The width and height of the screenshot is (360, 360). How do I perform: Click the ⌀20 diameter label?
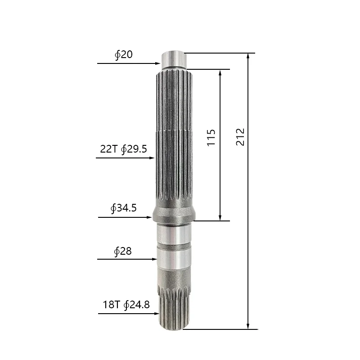[x=124, y=54]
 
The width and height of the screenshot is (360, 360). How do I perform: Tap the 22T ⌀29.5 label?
[x=123, y=149]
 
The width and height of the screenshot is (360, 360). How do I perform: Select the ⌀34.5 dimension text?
[x=123, y=208]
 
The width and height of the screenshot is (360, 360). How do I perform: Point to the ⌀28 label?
[x=123, y=251]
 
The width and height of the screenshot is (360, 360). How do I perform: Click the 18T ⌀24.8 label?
[x=126, y=305]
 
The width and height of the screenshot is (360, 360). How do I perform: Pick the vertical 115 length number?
[x=211, y=138]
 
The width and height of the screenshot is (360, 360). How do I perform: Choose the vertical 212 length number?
[x=240, y=137]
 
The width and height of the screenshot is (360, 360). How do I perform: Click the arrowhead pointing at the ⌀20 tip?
[x=158, y=63]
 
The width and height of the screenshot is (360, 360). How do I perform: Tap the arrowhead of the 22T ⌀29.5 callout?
[x=152, y=158]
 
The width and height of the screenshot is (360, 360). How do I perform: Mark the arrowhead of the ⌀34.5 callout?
[x=149, y=217]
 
